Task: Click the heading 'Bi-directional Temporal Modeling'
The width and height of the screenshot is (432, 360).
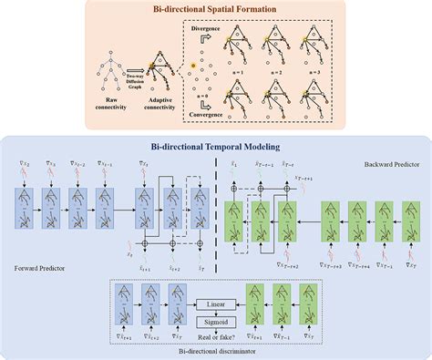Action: click(x=216, y=146)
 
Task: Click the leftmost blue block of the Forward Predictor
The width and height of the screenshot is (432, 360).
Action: click(x=22, y=201)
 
